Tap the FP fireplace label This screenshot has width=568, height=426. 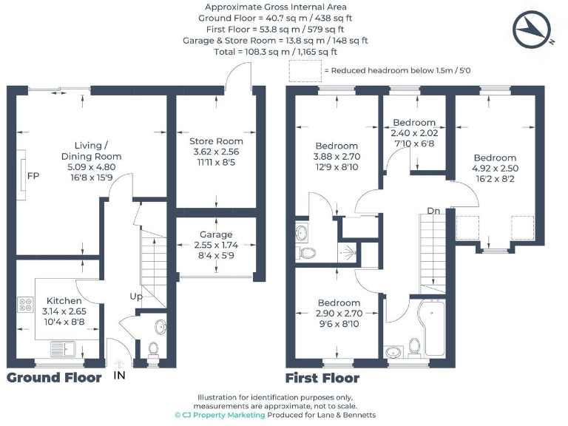(33, 177)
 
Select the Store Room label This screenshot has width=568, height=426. (216, 141)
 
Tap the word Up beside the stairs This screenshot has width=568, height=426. (136, 297)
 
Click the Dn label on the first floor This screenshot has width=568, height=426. (434, 211)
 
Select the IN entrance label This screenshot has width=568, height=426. (119, 376)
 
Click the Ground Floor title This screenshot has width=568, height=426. (54, 378)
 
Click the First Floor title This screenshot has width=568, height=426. (322, 379)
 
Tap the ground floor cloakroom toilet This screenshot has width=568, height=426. (154, 348)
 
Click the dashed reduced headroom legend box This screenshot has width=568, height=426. (305, 70)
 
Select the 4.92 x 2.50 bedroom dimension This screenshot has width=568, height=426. (495, 169)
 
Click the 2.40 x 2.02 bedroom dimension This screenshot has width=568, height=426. (414, 133)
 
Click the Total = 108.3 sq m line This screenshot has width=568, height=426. (275, 52)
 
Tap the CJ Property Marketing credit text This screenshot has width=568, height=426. (220, 416)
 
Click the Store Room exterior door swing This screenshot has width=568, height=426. (239, 74)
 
